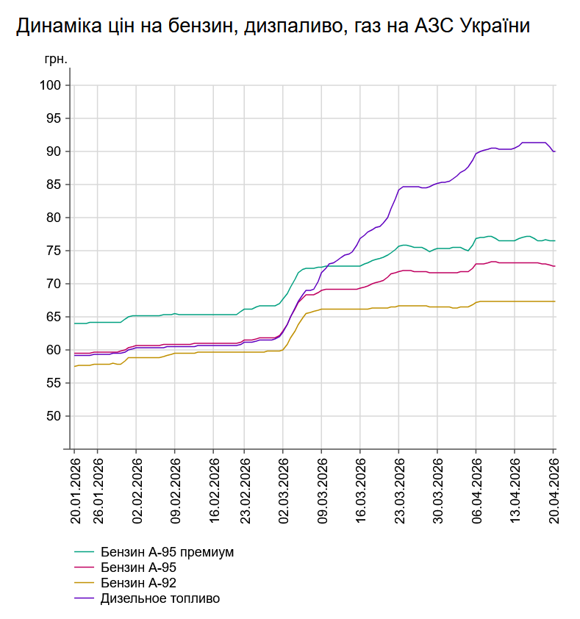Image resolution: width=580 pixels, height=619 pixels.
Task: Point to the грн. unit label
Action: tap(56, 60)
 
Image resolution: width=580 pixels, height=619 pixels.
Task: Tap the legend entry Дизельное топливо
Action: tap(160, 598)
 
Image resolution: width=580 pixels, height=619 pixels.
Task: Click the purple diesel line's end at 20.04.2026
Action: tap(554, 151)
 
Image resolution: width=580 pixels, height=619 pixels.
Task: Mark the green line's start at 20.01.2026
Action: tap(74, 323)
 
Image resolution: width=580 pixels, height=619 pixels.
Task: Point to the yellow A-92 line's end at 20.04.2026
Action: tap(554, 301)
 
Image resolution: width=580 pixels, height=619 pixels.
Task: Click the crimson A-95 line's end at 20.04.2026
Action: tap(554, 266)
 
